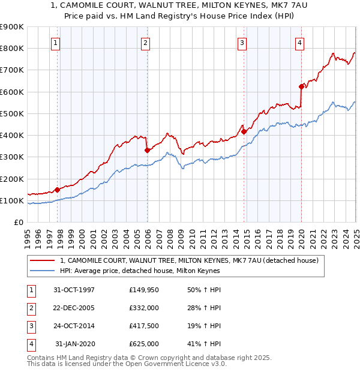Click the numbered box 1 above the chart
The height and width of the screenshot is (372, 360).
point(55,43)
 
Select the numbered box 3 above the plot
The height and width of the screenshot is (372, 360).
point(241,43)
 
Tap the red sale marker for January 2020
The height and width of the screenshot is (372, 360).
point(301,86)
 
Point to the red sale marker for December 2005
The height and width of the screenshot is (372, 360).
point(147,151)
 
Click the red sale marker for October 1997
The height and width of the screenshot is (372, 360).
point(58,190)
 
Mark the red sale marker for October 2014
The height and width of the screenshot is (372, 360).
point(244,132)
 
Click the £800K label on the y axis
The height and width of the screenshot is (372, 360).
point(12,49)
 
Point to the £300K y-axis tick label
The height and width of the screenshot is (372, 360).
point(12,157)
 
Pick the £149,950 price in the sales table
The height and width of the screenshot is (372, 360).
point(144,290)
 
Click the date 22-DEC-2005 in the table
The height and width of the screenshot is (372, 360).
point(74,308)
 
